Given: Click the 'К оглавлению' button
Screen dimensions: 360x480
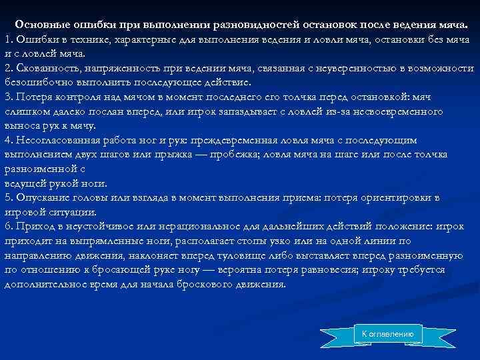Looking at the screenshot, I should pyautogui.click(x=387, y=333).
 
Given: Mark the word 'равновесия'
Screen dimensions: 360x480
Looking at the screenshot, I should pyautogui.click(x=361, y=269).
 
